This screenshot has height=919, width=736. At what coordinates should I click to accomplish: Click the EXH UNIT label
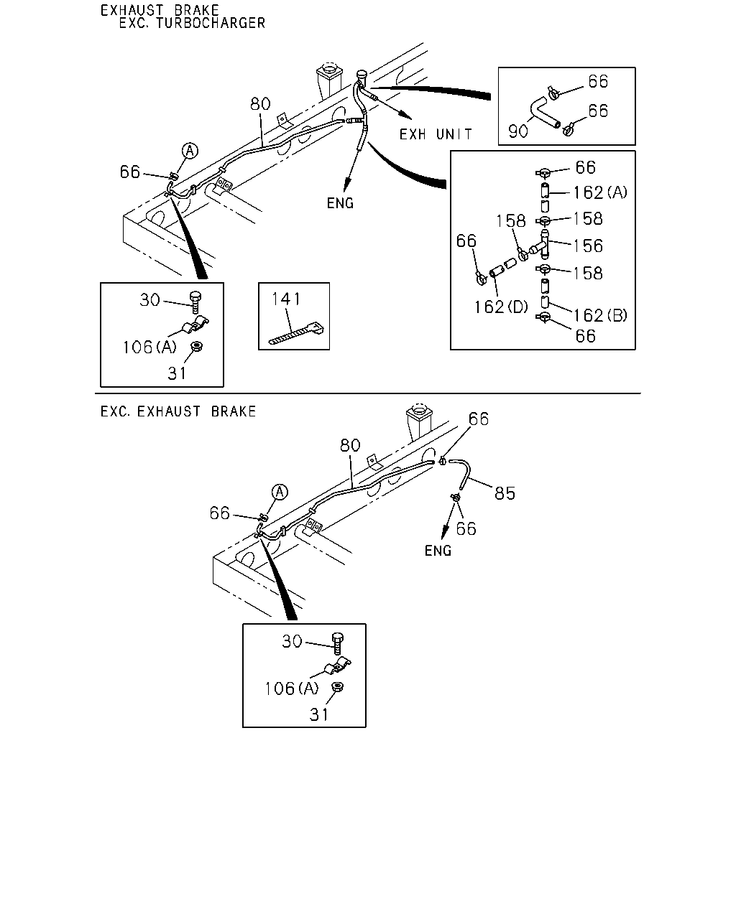tap(436, 134)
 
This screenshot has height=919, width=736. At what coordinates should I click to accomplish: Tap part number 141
tap(286, 299)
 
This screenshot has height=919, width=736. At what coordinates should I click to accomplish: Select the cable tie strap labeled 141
tap(296, 333)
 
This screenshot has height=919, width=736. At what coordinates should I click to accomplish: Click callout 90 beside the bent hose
tap(518, 131)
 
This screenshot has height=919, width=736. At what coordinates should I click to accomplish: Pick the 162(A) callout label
tap(600, 192)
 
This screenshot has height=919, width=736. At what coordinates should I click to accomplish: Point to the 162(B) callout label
tap(600, 315)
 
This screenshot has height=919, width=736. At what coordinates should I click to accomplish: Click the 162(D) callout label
tap(501, 307)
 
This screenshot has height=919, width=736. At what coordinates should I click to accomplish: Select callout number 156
tap(588, 246)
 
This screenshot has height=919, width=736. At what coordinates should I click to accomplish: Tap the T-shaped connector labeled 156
tap(540, 245)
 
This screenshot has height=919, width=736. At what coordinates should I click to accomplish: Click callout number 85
tap(505, 493)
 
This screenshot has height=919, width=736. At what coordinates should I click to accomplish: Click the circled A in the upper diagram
tap(190, 151)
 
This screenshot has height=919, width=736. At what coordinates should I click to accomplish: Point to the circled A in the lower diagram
tap(280, 492)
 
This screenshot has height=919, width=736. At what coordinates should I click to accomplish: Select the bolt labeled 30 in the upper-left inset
tap(196, 302)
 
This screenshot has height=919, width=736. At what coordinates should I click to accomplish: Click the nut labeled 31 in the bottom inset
tap(337, 687)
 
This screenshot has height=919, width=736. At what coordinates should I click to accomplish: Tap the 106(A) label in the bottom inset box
tap(292, 689)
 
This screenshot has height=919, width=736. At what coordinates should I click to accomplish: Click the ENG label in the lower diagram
tap(438, 551)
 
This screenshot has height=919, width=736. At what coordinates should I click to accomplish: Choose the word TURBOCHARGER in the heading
tap(211, 23)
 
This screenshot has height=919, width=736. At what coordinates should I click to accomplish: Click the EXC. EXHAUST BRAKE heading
tap(178, 411)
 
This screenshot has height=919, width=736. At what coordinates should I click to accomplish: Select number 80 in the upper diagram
tap(260, 104)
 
